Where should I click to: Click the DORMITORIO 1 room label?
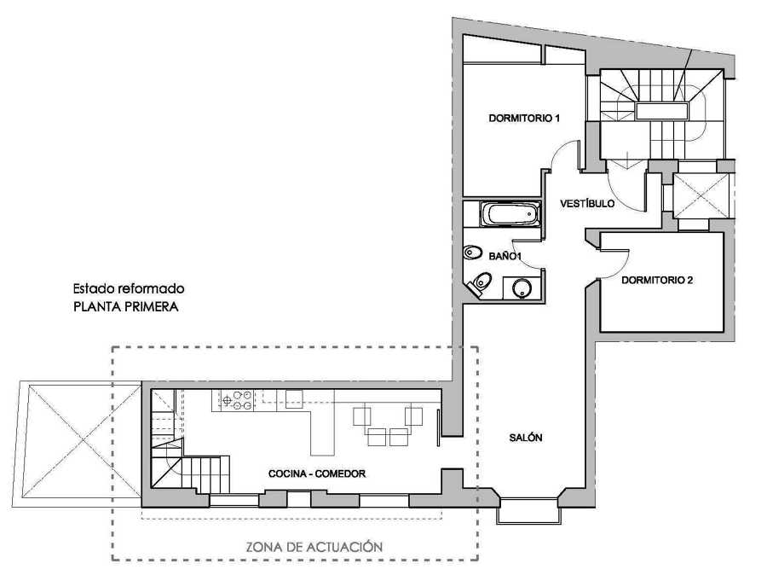point(524,118)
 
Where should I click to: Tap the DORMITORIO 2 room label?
point(657,279)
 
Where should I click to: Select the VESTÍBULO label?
point(587,204)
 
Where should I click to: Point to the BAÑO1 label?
point(505,255)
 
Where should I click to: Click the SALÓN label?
point(526,438)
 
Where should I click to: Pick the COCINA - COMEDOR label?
point(317,473)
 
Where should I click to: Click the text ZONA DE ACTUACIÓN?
point(314,546)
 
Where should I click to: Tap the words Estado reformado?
point(128,289)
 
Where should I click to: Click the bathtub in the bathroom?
point(510,214)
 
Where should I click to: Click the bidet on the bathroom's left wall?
point(472,253)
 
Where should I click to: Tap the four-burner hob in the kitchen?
point(237,399)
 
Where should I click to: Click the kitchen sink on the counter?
point(294,398)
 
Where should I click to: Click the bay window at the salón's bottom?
point(528,508)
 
